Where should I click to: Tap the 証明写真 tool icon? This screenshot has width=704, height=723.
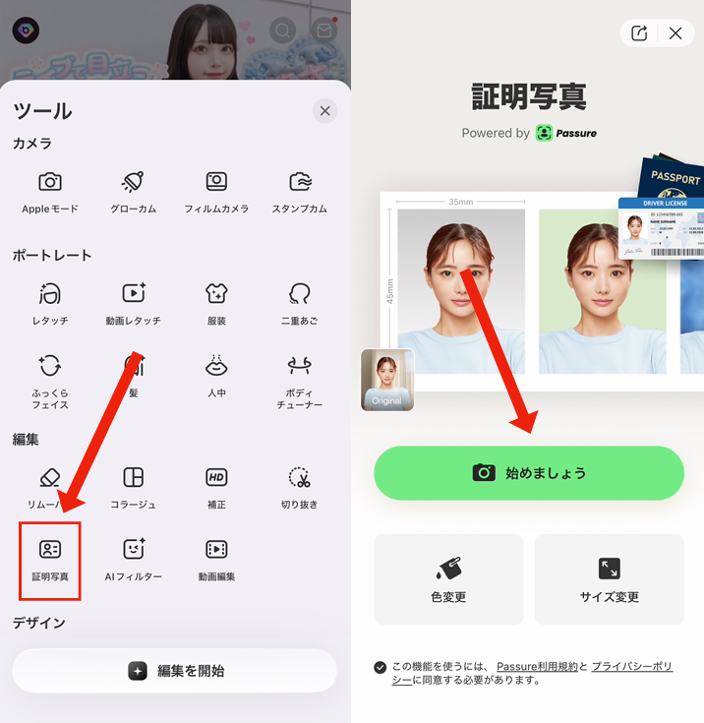click(x=49, y=550)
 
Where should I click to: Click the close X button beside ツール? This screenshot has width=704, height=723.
click(x=324, y=111)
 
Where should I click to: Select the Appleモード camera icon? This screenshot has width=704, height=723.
click(x=50, y=182)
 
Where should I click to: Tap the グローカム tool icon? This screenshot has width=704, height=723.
click(x=133, y=182)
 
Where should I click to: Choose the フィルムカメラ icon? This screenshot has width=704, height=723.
click(x=216, y=182)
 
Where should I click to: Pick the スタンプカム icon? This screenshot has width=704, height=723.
click(x=300, y=182)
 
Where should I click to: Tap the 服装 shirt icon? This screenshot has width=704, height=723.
click(x=216, y=293)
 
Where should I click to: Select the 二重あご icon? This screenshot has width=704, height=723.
click(x=300, y=293)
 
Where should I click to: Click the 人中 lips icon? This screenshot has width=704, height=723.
click(x=216, y=366)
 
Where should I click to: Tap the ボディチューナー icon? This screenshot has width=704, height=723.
click(x=300, y=366)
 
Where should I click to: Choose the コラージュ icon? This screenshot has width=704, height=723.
click(x=133, y=478)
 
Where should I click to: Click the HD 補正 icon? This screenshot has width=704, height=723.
click(x=216, y=478)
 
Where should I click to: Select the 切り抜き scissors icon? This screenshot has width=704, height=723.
click(x=300, y=478)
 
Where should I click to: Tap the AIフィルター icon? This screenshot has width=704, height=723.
click(x=133, y=550)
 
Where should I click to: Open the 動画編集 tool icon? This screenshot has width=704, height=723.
click(x=216, y=550)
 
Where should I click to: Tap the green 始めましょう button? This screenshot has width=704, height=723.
click(x=528, y=473)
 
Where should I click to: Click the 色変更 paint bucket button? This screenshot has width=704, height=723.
click(x=448, y=579)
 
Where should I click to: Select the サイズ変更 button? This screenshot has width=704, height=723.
click(x=609, y=579)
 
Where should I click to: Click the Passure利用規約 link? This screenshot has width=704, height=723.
click(x=537, y=667)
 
